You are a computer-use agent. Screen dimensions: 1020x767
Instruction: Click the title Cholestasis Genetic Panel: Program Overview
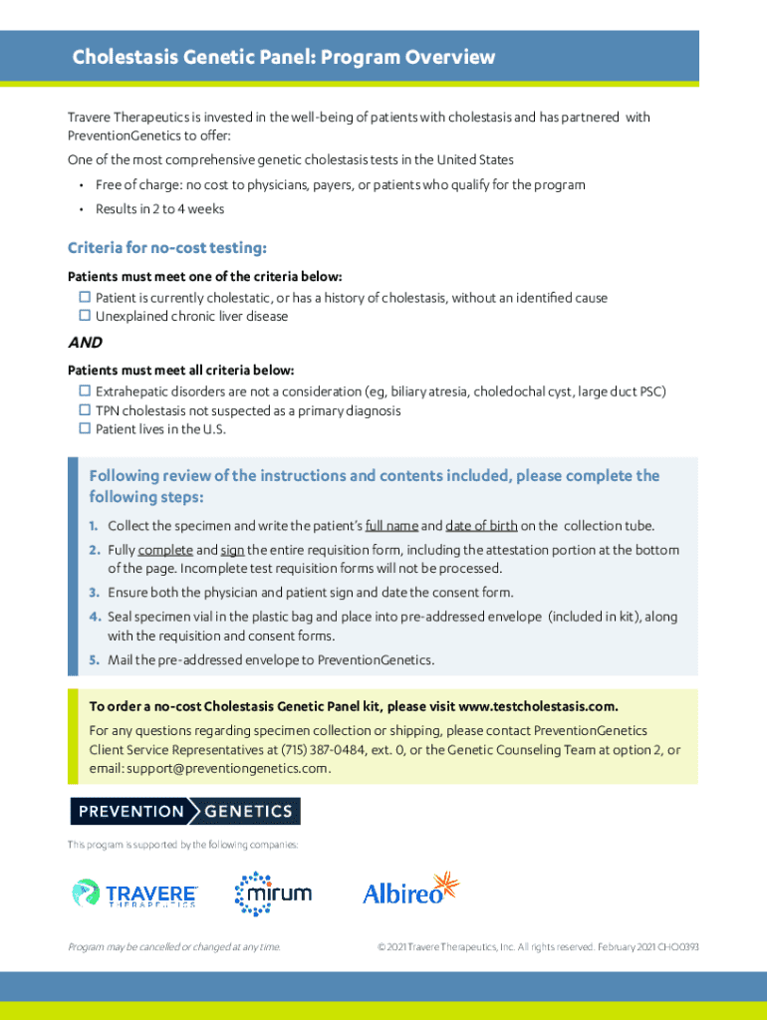[283, 57]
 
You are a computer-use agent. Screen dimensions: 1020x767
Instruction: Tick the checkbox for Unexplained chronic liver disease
[85, 316]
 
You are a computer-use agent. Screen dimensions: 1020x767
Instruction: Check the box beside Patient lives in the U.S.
[85, 429]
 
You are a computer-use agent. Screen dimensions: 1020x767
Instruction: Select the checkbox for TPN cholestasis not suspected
[85, 410]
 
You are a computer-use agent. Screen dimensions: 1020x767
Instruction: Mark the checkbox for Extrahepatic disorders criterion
[85, 391]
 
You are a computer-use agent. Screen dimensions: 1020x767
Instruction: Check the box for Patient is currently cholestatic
[85, 298]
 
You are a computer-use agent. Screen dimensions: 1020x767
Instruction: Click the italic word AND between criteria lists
[85, 343]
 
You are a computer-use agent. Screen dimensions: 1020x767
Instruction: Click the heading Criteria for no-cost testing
[166, 247]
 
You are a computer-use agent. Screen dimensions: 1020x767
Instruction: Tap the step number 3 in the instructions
[92, 593]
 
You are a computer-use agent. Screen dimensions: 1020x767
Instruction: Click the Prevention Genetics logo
[184, 811]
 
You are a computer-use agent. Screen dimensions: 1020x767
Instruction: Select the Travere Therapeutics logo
[134, 892]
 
